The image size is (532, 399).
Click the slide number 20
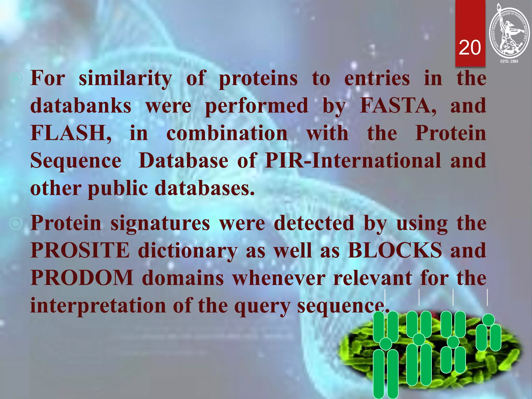pos(470,48)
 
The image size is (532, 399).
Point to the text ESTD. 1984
pos(509,61)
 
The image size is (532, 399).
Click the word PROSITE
pos(80,250)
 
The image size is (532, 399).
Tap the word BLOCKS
pos(395,250)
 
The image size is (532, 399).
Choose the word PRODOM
pos(82,278)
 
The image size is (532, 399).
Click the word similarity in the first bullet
pos(125,78)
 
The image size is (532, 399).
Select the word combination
pos(227,133)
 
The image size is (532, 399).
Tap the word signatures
pos(160,223)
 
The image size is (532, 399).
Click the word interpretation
pos(98,305)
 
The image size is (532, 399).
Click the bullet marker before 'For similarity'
pos(16,79)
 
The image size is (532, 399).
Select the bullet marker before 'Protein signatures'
pos(16,223)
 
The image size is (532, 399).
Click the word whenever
pos(278,278)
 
